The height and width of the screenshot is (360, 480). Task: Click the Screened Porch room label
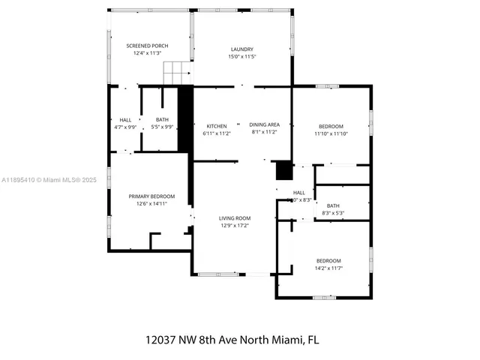[x=147, y=46]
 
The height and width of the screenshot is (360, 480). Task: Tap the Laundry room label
[x=241, y=49]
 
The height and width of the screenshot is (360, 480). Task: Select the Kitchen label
[x=217, y=125]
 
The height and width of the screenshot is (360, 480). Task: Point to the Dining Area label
[x=264, y=125]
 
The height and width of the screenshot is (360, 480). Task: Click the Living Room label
[x=235, y=218]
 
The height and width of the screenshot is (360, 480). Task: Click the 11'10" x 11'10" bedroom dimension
[x=331, y=133]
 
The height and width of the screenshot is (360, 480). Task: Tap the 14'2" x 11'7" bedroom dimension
[x=328, y=268]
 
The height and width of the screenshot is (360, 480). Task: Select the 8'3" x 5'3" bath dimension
[x=333, y=213]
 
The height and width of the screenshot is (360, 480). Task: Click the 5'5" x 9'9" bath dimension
[x=162, y=127]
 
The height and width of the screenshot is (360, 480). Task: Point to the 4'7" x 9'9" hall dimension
[x=125, y=127]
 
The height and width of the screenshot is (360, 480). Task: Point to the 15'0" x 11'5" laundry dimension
[x=241, y=57]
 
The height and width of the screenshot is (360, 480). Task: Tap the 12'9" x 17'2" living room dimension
[x=235, y=225]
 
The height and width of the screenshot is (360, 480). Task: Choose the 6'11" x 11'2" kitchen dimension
[x=217, y=133]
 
